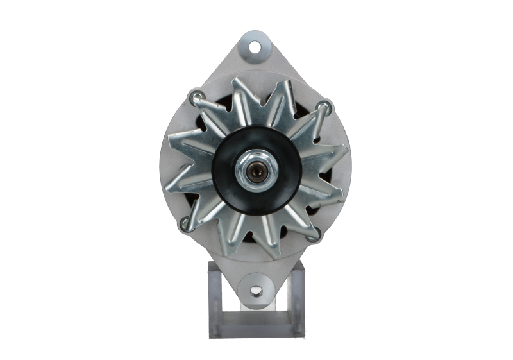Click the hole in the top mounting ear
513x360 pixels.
click(x=255, y=47)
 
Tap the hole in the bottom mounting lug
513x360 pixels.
click(x=256, y=291)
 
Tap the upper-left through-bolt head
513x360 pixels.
click(x=195, y=98)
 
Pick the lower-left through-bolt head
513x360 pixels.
click(x=185, y=223)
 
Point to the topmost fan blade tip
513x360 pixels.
click(x=239, y=80)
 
